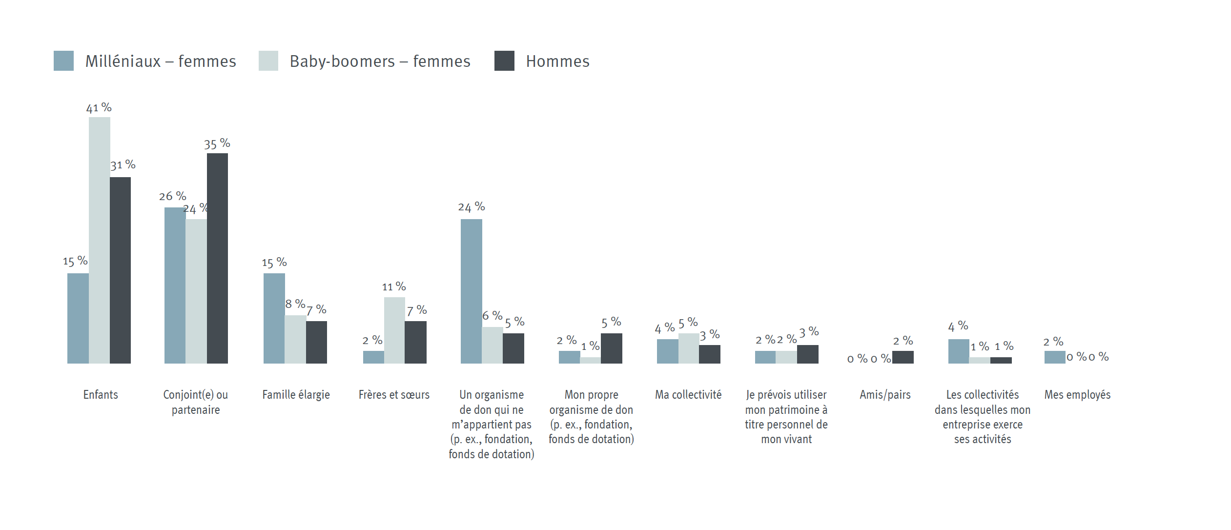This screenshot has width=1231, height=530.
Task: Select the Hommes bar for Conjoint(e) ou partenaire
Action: click(217, 258)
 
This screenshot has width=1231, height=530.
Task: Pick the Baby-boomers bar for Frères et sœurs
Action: click(394, 330)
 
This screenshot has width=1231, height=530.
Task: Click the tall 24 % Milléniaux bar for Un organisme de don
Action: click(471, 291)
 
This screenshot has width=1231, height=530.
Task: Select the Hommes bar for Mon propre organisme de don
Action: click(611, 348)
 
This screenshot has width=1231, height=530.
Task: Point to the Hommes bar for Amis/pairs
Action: click(903, 357)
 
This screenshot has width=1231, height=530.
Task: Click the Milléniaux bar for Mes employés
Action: click(1055, 357)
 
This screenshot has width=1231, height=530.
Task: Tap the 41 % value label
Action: click(99, 108)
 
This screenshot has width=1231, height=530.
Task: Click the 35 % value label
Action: click(217, 144)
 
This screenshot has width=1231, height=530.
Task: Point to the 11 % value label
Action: click(394, 286)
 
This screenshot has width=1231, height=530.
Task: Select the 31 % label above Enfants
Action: click(123, 165)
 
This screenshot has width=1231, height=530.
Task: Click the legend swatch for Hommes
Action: click(504, 61)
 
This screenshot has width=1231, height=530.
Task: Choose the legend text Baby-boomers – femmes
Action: click(380, 61)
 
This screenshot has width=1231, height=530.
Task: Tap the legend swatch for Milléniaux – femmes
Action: click(63, 61)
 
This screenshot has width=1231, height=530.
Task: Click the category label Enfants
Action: click(101, 394)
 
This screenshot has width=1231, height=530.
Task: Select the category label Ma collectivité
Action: click(688, 394)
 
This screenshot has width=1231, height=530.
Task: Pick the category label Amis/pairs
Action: click(885, 394)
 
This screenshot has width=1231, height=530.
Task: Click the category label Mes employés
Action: click(1077, 394)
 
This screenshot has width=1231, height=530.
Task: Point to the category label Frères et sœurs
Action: click(394, 394)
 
